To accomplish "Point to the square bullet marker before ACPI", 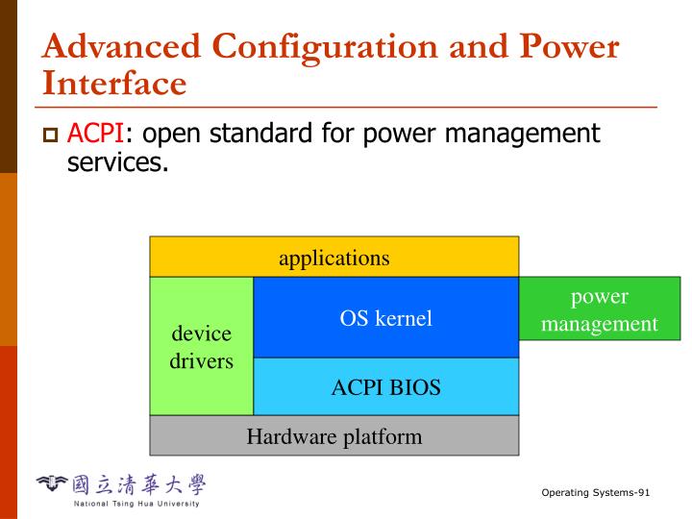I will coord(52,135).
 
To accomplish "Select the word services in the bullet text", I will coord(117,163).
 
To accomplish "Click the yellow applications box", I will coord(334,258).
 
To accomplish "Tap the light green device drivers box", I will coord(202,347).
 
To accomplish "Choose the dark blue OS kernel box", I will coord(385,318).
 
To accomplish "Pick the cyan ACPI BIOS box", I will coord(385,387).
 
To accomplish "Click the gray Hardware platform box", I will coord(334,436).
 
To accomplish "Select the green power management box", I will coord(599,309).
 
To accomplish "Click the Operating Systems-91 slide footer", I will coord(596,493).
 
